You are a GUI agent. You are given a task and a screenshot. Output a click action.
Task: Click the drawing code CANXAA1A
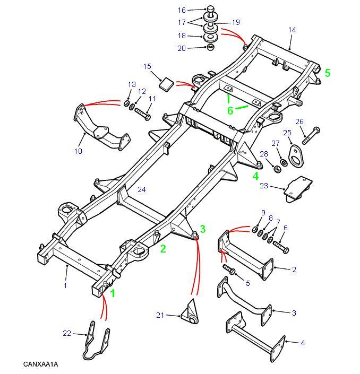pyautogui.click(x=40, y=364)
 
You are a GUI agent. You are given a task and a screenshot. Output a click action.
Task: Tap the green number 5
pyautogui.click(x=328, y=73)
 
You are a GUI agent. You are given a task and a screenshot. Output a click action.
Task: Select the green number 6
pyautogui.click(x=230, y=110)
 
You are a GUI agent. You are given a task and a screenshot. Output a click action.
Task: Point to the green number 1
pyautogui.click(x=112, y=292)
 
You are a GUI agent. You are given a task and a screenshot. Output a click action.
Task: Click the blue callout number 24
pyautogui.click(x=141, y=189)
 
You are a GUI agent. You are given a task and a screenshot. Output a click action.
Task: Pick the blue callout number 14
pyautogui.click(x=292, y=30)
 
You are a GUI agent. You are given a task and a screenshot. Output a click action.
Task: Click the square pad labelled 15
pyautogui.click(x=167, y=84)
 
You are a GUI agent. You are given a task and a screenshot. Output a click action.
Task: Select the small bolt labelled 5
pyautogui.click(x=230, y=269)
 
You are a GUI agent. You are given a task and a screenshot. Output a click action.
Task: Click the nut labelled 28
pyautogui.click(x=276, y=168)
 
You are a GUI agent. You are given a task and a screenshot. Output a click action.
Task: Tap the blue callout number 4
pyautogui.click(x=303, y=343)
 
